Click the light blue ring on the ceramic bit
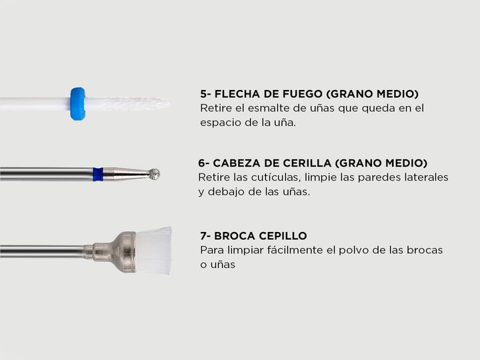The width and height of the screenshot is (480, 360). [x=77, y=104]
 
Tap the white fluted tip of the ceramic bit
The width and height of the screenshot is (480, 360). [x=127, y=104]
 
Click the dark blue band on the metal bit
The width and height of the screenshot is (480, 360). [x=98, y=174]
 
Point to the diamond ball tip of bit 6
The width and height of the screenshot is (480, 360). [x=154, y=174]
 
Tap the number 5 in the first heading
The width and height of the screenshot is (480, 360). [x=203, y=94]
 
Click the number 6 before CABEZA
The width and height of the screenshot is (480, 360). [x=202, y=163]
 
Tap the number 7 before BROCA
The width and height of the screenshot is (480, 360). [x=203, y=236]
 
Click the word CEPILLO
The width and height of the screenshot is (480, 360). [x=283, y=236]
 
